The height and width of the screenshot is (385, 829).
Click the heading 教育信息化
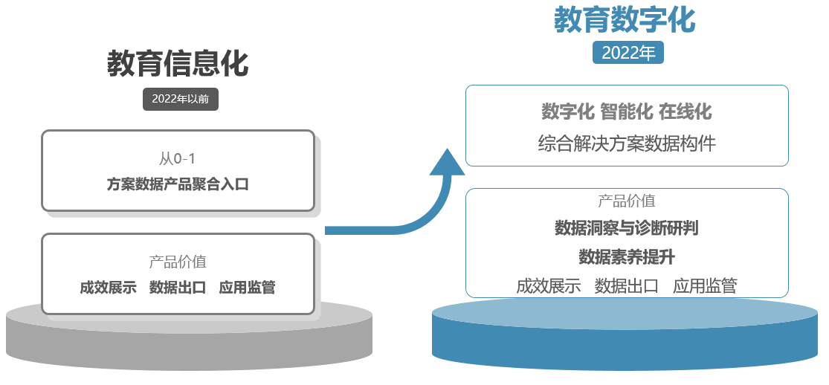[x=178, y=64]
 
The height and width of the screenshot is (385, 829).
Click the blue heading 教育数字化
[x=625, y=20]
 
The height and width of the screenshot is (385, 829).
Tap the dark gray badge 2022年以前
[x=180, y=100]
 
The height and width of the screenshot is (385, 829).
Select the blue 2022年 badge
[x=628, y=53]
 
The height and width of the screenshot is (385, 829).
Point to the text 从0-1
[x=178, y=158]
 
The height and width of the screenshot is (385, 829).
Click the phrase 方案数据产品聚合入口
[x=178, y=184]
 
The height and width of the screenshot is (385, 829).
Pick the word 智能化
[x=627, y=111]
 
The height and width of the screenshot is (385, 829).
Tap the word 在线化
[x=686, y=111]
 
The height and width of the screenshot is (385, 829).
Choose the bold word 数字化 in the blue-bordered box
[x=568, y=111]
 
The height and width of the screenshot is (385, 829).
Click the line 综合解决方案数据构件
[x=627, y=143]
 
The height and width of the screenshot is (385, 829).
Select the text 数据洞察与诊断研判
[x=627, y=228]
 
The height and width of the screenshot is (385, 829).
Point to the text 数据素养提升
[x=627, y=257]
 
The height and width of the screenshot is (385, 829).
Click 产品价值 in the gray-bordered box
[x=178, y=262]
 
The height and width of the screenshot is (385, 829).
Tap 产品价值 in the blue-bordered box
[x=627, y=201]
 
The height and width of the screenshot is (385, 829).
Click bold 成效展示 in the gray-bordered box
[x=108, y=287]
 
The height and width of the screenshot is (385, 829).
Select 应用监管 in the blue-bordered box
[x=705, y=286]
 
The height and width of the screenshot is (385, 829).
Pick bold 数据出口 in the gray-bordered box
[x=178, y=287]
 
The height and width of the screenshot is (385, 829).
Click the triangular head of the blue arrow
[x=448, y=162]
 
